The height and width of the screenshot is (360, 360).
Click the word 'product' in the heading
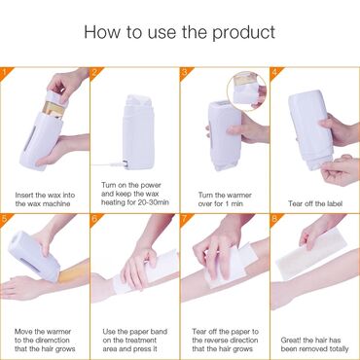click(244, 33)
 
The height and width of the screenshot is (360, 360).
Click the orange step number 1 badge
click(5, 71)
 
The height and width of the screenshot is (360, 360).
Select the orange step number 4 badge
click(275, 71)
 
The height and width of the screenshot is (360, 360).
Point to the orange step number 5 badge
click(5, 218)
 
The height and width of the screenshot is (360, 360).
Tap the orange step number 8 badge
click(275, 218)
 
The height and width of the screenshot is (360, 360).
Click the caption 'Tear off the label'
click(315, 203)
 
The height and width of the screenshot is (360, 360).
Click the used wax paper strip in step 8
click(311, 254)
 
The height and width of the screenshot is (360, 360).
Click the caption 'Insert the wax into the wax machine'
click(45, 199)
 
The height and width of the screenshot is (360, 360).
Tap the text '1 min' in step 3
click(233, 203)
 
